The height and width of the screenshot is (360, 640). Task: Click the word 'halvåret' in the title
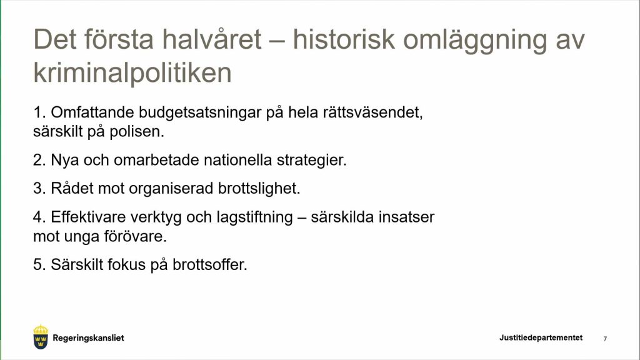(x=211, y=39)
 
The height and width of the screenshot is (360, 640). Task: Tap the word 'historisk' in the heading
(x=344, y=39)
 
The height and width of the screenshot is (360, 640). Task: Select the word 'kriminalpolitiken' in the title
(x=132, y=73)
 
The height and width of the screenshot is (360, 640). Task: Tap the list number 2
(x=39, y=160)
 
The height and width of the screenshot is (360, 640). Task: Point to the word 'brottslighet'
(x=259, y=189)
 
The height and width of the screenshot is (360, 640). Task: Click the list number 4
(x=39, y=217)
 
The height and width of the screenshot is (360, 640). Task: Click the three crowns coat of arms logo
(x=41, y=337)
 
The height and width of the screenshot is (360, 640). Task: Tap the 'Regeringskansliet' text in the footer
(x=88, y=338)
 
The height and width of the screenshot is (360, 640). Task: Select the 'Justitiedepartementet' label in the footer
(x=541, y=337)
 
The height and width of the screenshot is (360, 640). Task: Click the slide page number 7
(x=605, y=339)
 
